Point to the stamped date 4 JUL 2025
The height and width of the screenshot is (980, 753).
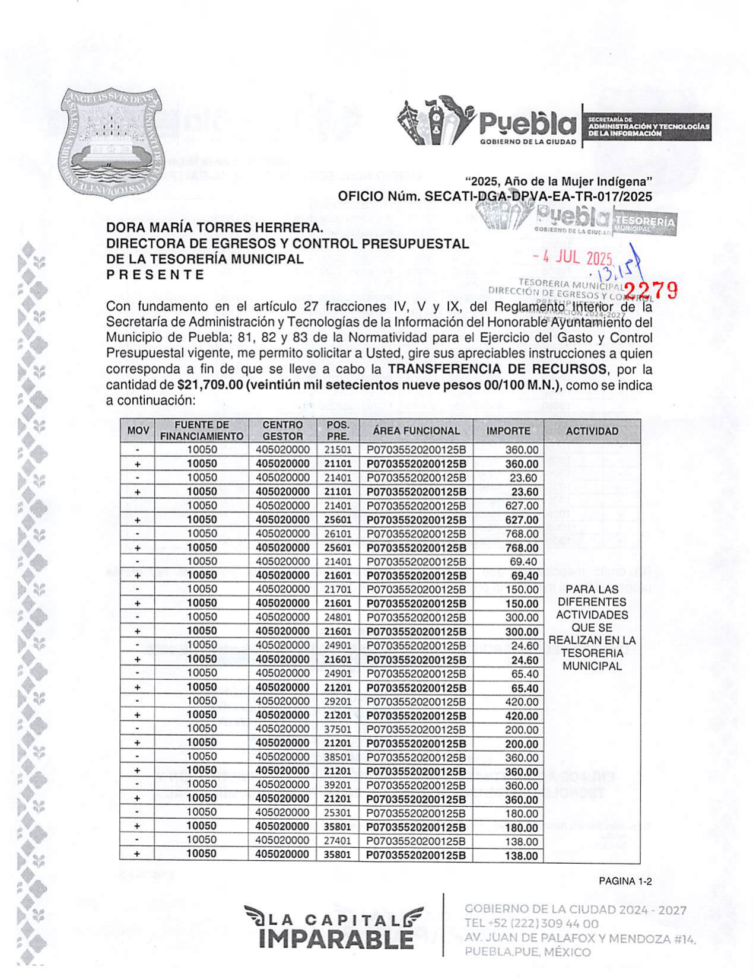coord(572,258)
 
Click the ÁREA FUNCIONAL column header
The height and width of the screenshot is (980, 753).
coord(416,431)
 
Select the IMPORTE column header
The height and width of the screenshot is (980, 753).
coord(508,431)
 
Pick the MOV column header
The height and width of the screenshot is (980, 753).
coord(138,431)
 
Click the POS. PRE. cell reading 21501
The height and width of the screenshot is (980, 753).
coord(338,450)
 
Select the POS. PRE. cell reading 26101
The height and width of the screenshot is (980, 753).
coord(338,534)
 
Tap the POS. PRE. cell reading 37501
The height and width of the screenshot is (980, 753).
coord(338,729)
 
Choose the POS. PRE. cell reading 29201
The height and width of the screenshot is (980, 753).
coord(338,701)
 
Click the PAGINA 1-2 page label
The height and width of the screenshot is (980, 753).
coord(625,882)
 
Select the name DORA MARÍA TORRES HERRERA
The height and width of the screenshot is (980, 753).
coord(215,228)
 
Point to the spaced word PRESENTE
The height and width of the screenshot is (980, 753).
coord(155,275)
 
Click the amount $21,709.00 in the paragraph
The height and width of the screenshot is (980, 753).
coord(210,385)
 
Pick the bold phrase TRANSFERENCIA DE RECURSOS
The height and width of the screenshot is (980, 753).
coord(497,369)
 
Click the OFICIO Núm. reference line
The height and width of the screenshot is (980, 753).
coord(494,196)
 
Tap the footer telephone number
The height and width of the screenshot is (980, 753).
coord(531,924)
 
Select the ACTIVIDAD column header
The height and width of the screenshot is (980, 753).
coord(591,431)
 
